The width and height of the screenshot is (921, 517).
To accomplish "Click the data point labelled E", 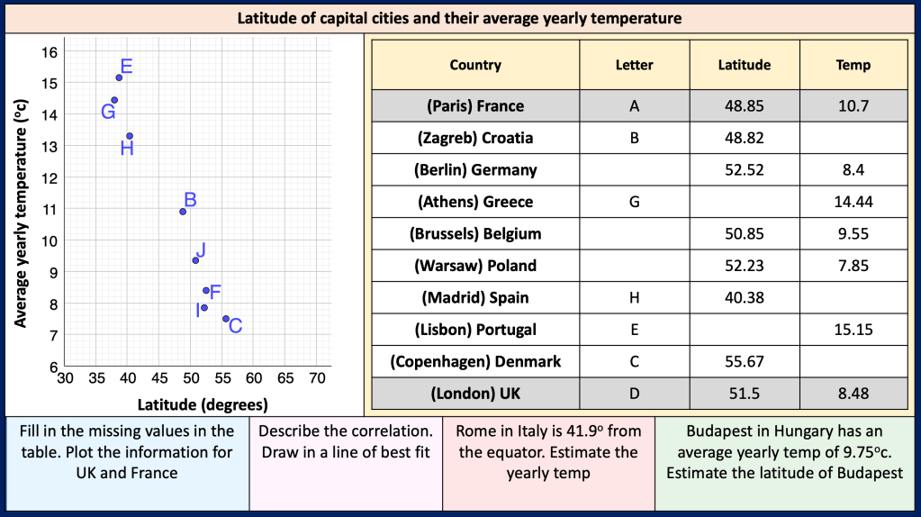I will point(119,77).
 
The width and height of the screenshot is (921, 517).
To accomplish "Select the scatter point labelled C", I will point(226,319).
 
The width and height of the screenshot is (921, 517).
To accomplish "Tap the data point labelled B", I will point(183,212).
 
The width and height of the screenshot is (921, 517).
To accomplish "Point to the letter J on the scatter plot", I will point(200,249).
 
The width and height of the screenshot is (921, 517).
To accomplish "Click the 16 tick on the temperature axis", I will point(50,51).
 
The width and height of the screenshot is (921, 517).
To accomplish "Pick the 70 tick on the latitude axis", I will point(317,378).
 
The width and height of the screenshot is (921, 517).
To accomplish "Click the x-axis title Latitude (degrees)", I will point(203,404).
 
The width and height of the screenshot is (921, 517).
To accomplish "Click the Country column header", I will point(475,65).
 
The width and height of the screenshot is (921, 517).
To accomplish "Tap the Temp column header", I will point(853,65).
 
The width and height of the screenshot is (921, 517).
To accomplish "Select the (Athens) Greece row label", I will point(475,202).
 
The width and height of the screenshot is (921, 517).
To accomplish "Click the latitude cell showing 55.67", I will point(744,361).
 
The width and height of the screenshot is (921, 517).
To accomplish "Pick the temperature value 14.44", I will point(853,202).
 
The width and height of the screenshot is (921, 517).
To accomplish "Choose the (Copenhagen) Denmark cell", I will point(475,361).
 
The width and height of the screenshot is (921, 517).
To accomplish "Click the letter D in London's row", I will point(634,394).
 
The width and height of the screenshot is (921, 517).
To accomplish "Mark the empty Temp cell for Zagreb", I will point(853,138).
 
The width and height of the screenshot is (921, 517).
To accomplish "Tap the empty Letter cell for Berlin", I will point(634,169).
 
